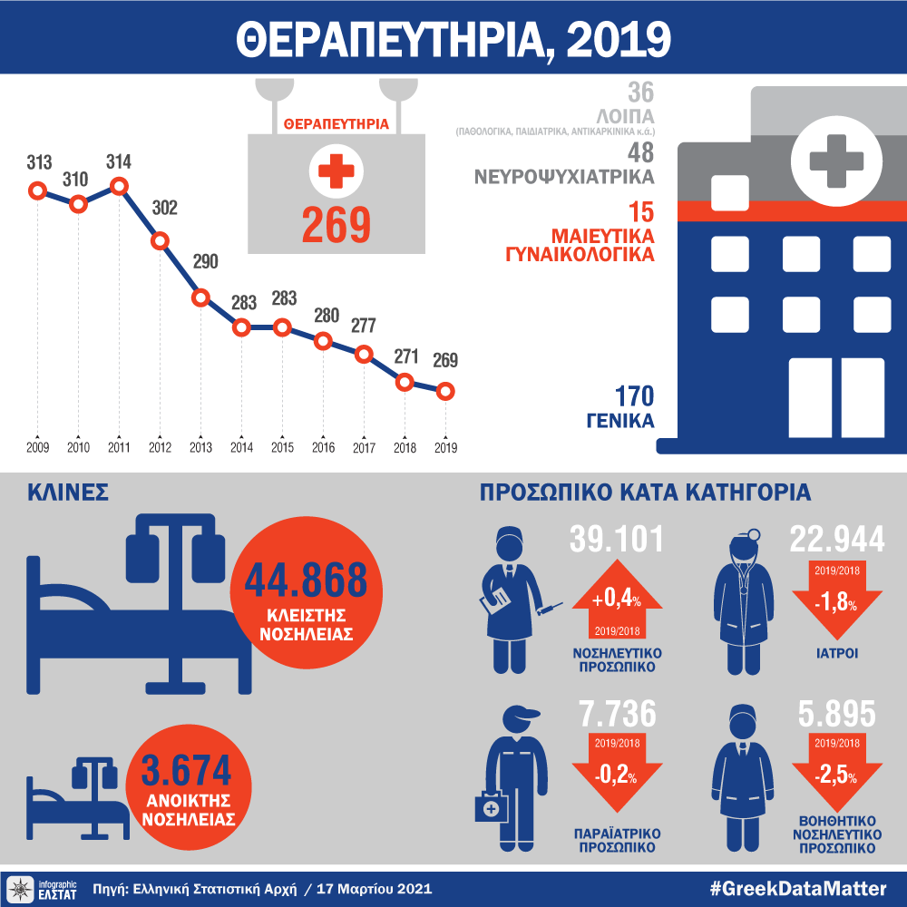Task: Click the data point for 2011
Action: [x=119, y=187]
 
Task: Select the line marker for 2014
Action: [x=241, y=327]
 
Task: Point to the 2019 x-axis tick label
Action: [x=445, y=447]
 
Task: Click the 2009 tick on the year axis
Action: [x=37, y=447]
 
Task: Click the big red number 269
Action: [x=336, y=225]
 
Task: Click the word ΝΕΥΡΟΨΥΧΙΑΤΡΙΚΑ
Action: [x=564, y=175]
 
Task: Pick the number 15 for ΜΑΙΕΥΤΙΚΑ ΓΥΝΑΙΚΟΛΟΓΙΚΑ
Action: [x=639, y=213]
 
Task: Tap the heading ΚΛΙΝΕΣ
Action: [x=68, y=493]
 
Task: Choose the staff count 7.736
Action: [x=617, y=715]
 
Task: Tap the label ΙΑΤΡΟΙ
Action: [x=837, y=652]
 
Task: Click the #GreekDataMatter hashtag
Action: [x=799, y=887]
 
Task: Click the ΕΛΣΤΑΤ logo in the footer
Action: [x=44, y=887]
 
